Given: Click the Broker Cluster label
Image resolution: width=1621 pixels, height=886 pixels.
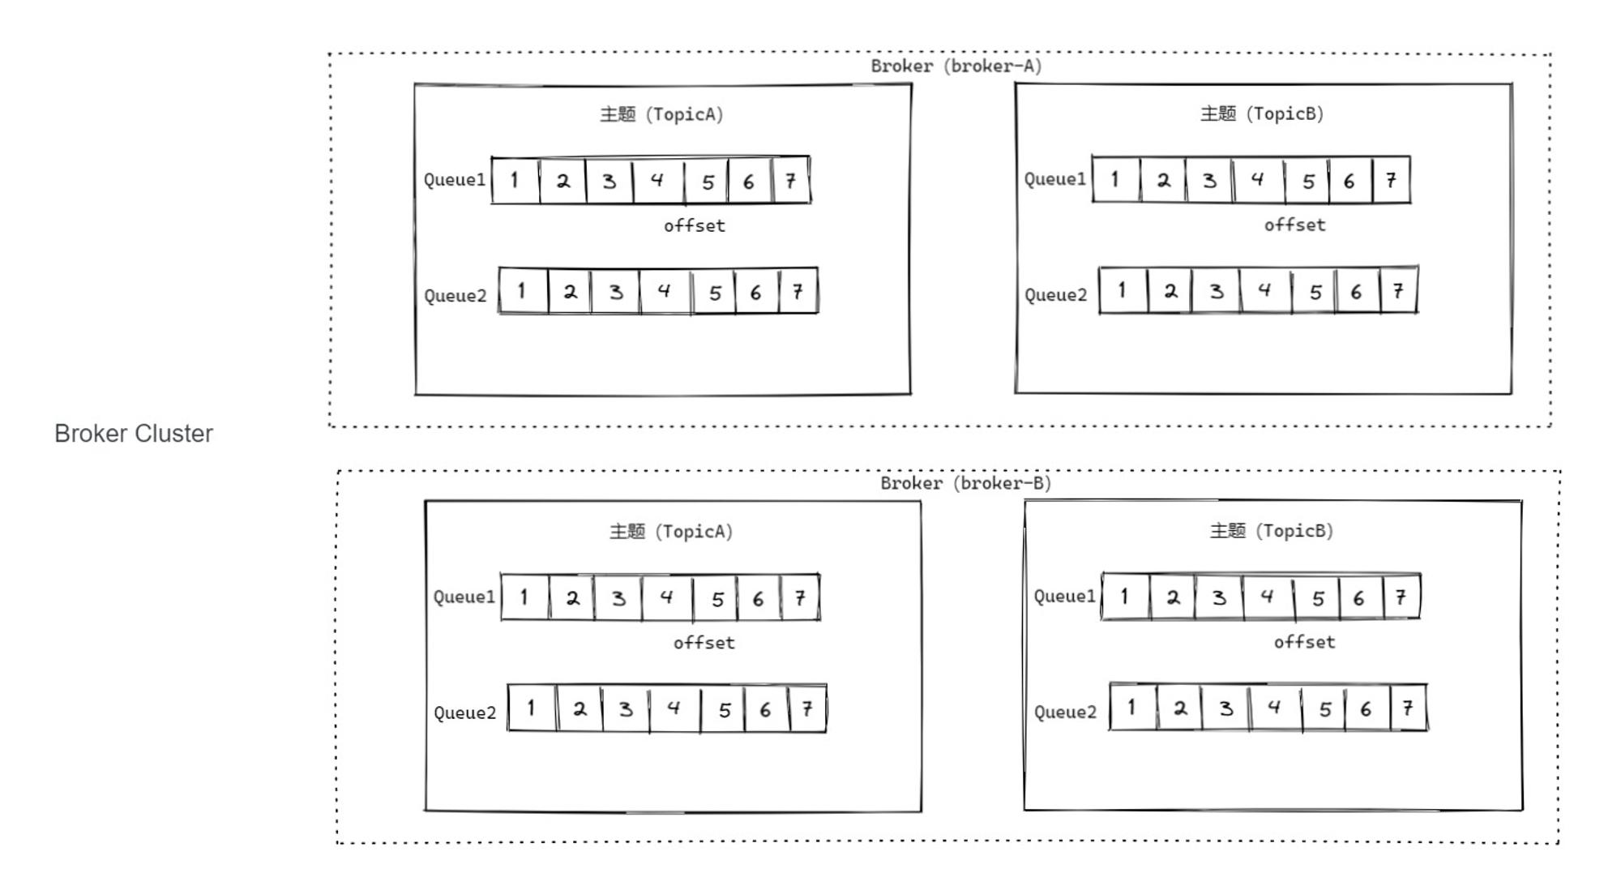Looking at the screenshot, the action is point(134,434).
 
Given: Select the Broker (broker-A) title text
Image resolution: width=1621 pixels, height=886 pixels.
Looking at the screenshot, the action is point(956,66).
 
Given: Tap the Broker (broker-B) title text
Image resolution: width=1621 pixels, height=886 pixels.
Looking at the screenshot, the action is point(966,484).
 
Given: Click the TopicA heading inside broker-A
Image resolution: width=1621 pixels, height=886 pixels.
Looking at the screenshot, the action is point(661,114).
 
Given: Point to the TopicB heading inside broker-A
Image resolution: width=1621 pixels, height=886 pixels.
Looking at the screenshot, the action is point(1262,113).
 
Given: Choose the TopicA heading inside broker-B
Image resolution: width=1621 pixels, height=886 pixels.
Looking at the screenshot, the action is point(671,532).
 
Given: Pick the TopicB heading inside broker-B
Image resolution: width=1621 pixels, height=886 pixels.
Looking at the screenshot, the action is point(1272,531).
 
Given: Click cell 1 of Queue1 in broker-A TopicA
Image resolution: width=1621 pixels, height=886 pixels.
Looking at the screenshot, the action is point(515,180).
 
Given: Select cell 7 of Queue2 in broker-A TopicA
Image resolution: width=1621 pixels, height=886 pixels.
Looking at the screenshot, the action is point(798,291).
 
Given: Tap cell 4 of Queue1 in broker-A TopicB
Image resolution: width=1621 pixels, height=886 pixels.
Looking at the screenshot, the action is point(1258,179).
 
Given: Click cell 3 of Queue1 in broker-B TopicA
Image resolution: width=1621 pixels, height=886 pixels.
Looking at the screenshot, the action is point(618,597).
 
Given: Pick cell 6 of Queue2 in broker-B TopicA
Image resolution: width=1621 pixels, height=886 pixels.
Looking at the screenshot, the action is point(766,709).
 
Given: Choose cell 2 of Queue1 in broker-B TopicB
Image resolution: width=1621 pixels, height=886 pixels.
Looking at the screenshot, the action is point(1172,597).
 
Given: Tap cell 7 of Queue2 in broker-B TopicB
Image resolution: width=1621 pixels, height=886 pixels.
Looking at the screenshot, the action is point(1409,708).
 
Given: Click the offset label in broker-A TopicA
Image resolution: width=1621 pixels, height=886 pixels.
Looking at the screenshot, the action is point(695,226).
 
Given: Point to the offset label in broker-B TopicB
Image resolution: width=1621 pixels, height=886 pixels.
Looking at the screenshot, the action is point(1304,643).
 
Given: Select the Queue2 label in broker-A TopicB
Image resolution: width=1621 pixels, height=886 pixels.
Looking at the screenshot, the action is point(1055,295).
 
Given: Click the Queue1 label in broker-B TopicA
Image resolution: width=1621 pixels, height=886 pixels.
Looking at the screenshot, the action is point(464,597).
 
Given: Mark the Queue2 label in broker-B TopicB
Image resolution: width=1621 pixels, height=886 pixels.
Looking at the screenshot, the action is point(1065,713).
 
